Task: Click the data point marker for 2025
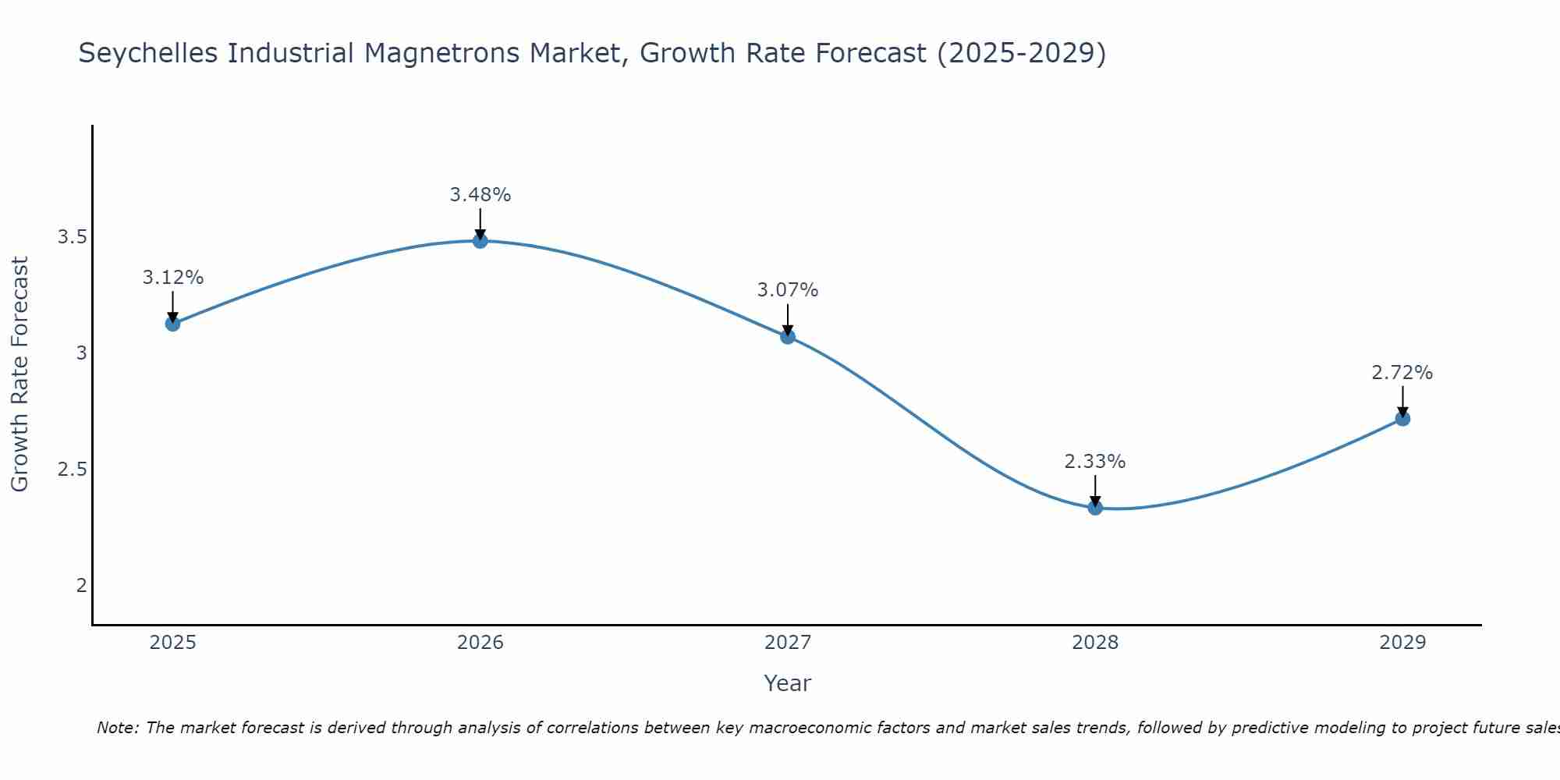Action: point(173,324)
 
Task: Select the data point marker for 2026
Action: point(480,241)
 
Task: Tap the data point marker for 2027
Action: point(788,337)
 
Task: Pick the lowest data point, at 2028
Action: point(1095,508)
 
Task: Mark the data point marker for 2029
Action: point(1402,419)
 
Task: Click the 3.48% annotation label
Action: point(480,195)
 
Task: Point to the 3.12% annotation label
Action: point(173,278)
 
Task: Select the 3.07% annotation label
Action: point(788,290)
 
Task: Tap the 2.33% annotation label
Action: point(1095,462)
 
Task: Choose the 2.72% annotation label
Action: point(1402,373)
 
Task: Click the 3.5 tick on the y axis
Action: point(72,237)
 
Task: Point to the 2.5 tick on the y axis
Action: point(72,470)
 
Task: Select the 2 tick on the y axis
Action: point(81,586)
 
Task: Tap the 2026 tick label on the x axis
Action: point(480,643)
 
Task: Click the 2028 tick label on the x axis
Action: point(1095,643)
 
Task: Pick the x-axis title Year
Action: point(788,683)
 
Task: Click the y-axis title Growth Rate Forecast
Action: point(19,374)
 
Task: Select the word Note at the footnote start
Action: point(117,728)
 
